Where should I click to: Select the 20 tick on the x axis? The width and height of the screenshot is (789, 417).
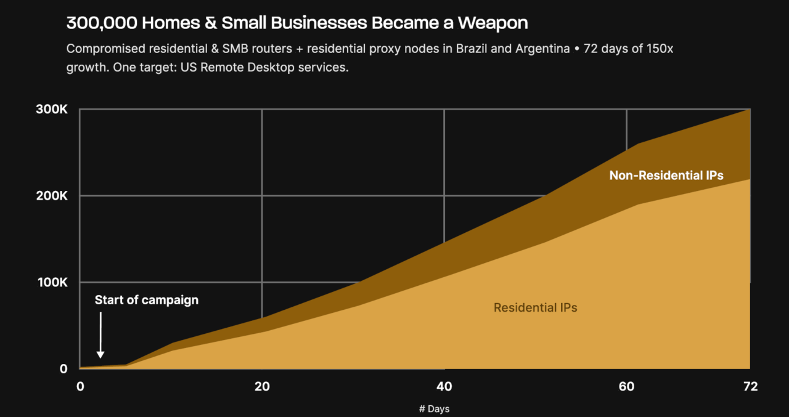(x=262, y=387)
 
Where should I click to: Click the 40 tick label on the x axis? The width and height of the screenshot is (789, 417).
(x=444, y=387)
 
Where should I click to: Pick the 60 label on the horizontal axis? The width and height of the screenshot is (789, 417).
(x=626, y=387)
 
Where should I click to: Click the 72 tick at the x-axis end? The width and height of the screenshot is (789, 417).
(x=750, y=387)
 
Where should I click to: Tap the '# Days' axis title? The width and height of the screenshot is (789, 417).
(x=434, y=409)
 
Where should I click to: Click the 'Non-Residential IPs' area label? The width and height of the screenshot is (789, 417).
(x=666, y=176)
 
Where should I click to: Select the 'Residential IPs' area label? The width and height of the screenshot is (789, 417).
(x=535, y=307)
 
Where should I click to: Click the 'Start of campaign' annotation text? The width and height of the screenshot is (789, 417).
(x=147, y=300)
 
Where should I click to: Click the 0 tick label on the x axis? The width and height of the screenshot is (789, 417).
(x=80, y=387)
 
